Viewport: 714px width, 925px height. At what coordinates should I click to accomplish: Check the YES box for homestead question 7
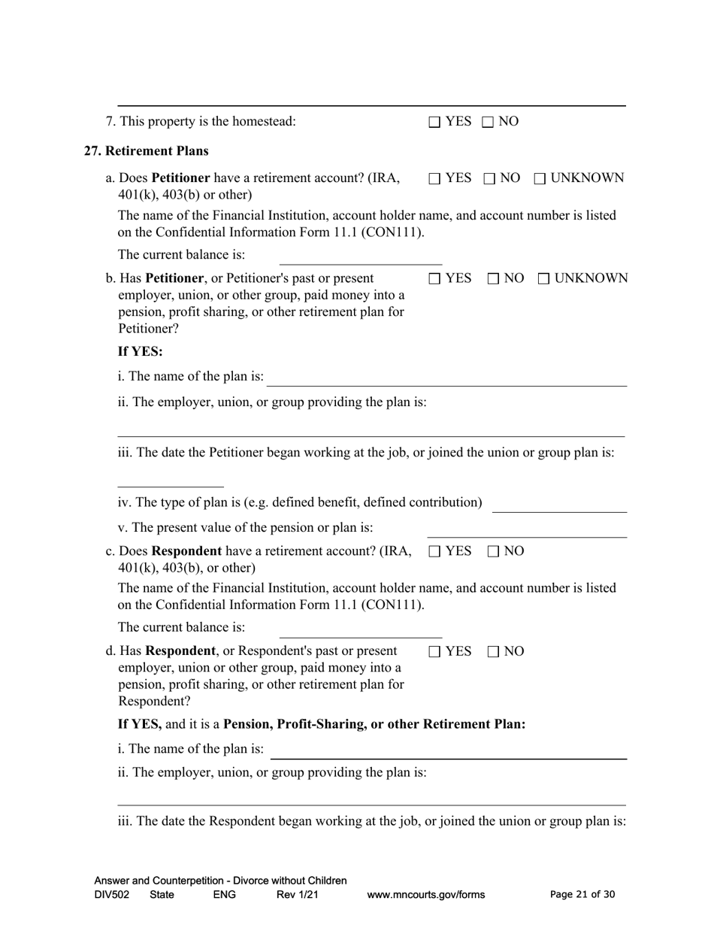click(x=434, y=122)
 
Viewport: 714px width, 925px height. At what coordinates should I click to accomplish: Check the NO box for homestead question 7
click(x=488, y=122)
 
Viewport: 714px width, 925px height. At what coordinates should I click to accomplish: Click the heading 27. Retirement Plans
click(x=146, y=150)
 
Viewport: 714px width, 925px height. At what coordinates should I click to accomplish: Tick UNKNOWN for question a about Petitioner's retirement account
click(x=540, y=179)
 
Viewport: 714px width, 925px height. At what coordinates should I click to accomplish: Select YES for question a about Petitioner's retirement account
click(x=434, y=179)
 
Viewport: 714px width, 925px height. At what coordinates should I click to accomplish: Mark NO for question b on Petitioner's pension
click(x=494, y=279)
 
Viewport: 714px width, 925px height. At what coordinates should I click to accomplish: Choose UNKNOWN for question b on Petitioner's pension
click(x=544, y=279)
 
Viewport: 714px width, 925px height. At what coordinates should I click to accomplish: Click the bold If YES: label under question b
click(x=140, y=351)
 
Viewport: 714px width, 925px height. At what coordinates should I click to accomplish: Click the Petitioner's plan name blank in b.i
click(x=446, y=378)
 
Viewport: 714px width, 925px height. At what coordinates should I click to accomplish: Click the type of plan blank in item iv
click(x=559, y=504)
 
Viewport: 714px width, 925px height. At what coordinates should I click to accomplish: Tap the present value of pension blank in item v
click(x=526, y=529)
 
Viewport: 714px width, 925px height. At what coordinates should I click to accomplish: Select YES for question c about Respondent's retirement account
click(x=434, y=552)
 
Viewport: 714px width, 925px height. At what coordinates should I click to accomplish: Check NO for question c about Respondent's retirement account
click(x=494, y=552)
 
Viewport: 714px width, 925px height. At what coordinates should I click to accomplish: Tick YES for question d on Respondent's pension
click(x=434, y=652)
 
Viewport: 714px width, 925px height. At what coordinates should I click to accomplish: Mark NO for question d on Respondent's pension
click(x=494, y=652)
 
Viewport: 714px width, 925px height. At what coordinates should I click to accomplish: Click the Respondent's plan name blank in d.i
click(x=448, y=751)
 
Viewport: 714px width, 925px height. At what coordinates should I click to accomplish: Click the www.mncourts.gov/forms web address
click(x=425, y=895)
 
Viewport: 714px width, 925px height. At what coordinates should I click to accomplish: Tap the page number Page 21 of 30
click(x=582, y=895)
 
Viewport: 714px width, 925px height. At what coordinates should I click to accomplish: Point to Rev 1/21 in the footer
click(x=298, y=895)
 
